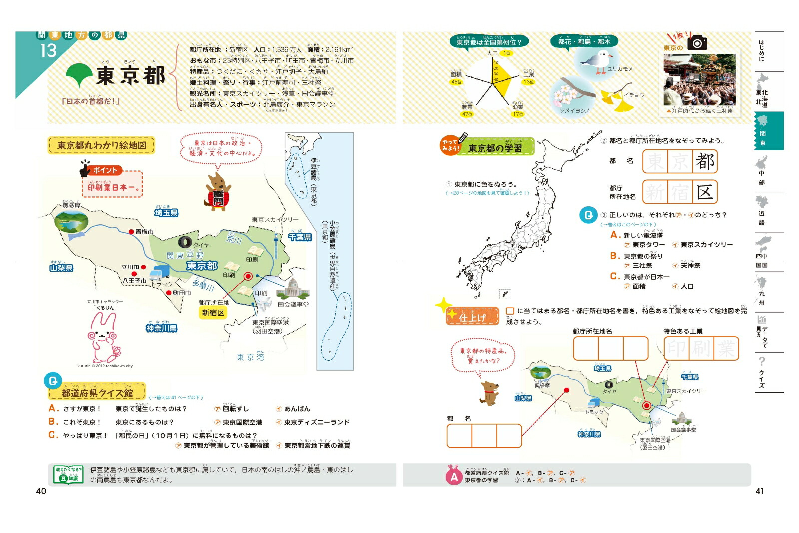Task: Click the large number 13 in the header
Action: (48, 50)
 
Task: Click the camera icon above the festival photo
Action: (697, 43)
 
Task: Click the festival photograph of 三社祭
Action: (699, 79)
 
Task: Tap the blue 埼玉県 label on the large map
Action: (166, 213)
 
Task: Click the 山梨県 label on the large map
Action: (61, 268)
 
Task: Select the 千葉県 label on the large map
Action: (300, 237)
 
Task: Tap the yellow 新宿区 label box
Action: (213, 313)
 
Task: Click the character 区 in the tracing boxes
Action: (704, 192)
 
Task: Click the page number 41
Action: (759, 491)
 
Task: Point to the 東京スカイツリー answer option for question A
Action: (706, 245)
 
